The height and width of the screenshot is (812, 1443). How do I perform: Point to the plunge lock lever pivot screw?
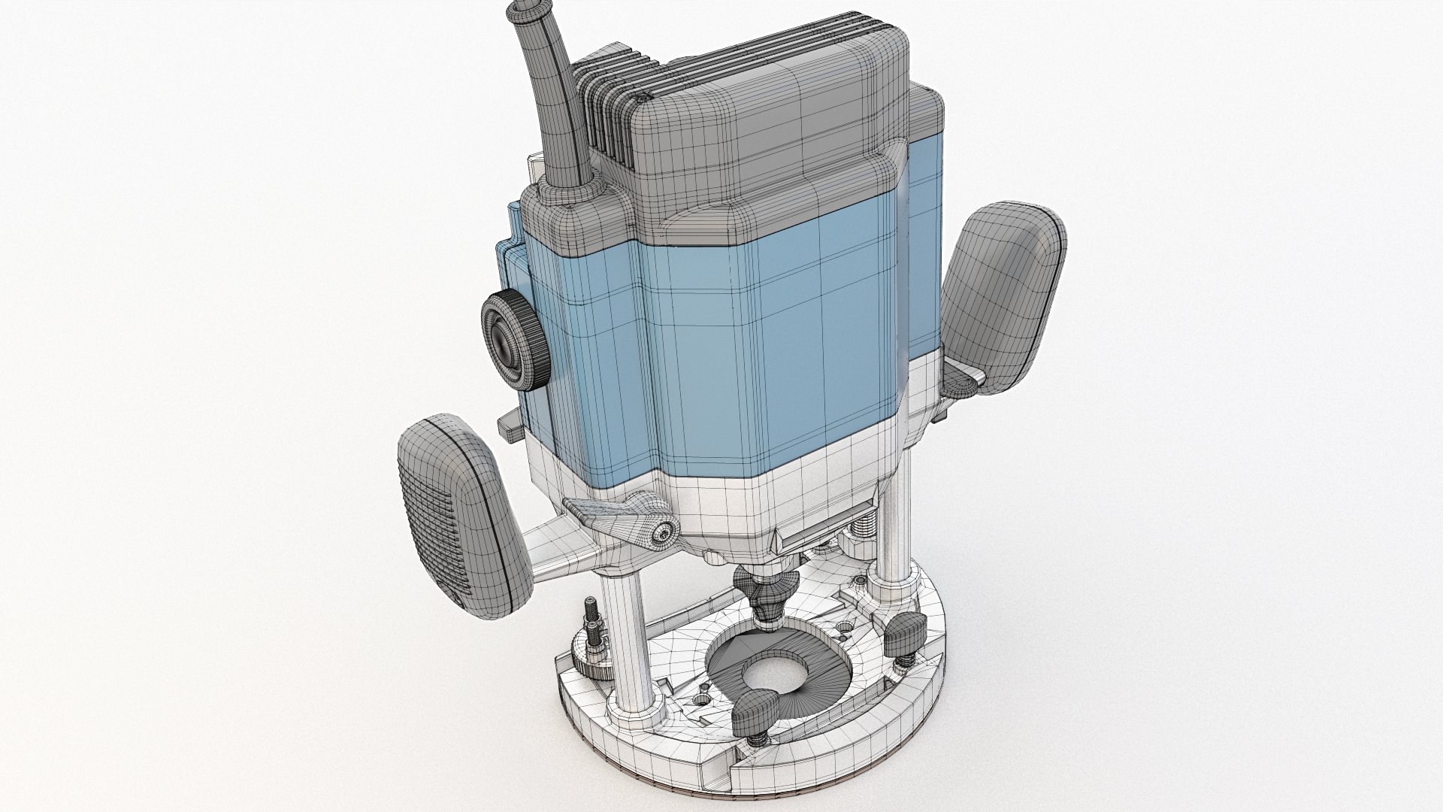pos(662,533)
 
